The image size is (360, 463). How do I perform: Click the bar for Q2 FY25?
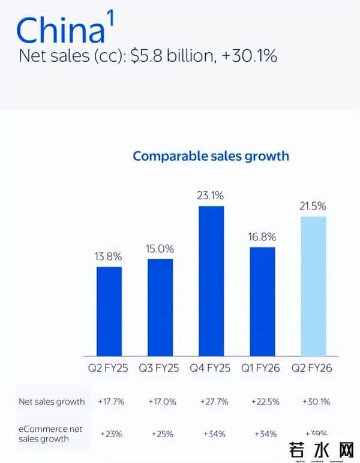(109, 311)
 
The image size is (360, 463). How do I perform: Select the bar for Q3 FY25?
(160, 307)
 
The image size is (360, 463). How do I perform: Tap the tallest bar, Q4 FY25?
(211, 281)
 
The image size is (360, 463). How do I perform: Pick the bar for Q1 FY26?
(262, 302)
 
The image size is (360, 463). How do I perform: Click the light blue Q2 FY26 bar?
(313, 286)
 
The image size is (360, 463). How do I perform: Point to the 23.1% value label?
(211, 195)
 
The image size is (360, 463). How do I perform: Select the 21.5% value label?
(313, 206)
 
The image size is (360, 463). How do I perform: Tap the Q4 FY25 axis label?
(211, 367)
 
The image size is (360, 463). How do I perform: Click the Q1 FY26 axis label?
(262, 367)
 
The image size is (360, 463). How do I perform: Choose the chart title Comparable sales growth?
(211, 156)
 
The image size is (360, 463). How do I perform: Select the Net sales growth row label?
(52, 401)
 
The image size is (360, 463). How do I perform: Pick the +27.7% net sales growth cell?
(211, 401)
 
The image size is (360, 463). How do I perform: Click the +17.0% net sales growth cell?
(160, 401)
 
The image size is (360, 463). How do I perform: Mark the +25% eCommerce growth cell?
(160, 433)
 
